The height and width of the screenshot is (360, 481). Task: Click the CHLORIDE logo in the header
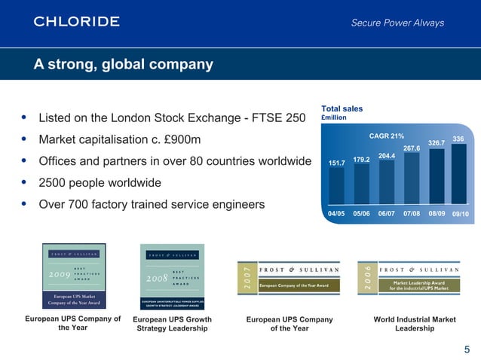pos(76,21)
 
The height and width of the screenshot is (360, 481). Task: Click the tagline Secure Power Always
pos(397,23)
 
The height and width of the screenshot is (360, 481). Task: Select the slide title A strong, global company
pos(123,66)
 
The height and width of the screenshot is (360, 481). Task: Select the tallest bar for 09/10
pos(458,174)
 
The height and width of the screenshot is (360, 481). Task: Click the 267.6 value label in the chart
pos(412,148)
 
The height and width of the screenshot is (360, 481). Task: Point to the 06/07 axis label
pos(387,214)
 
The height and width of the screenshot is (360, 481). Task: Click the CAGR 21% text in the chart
pos(386,136)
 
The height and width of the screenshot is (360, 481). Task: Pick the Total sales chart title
pos(342,108)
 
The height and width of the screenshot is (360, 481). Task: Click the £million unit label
pos(334,117)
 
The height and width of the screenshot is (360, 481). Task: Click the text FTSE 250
pos(272,118)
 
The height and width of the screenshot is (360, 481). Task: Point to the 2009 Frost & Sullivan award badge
pos(73,276)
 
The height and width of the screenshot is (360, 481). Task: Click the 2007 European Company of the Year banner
pos(290,277)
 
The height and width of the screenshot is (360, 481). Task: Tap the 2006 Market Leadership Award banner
pos(415,277)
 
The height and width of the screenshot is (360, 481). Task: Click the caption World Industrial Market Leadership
pos(415,324)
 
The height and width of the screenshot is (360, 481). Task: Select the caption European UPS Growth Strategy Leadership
pos(172,324)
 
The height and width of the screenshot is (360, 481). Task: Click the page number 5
pos(467,349)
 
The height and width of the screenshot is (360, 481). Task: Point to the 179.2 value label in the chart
pos(361,160)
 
